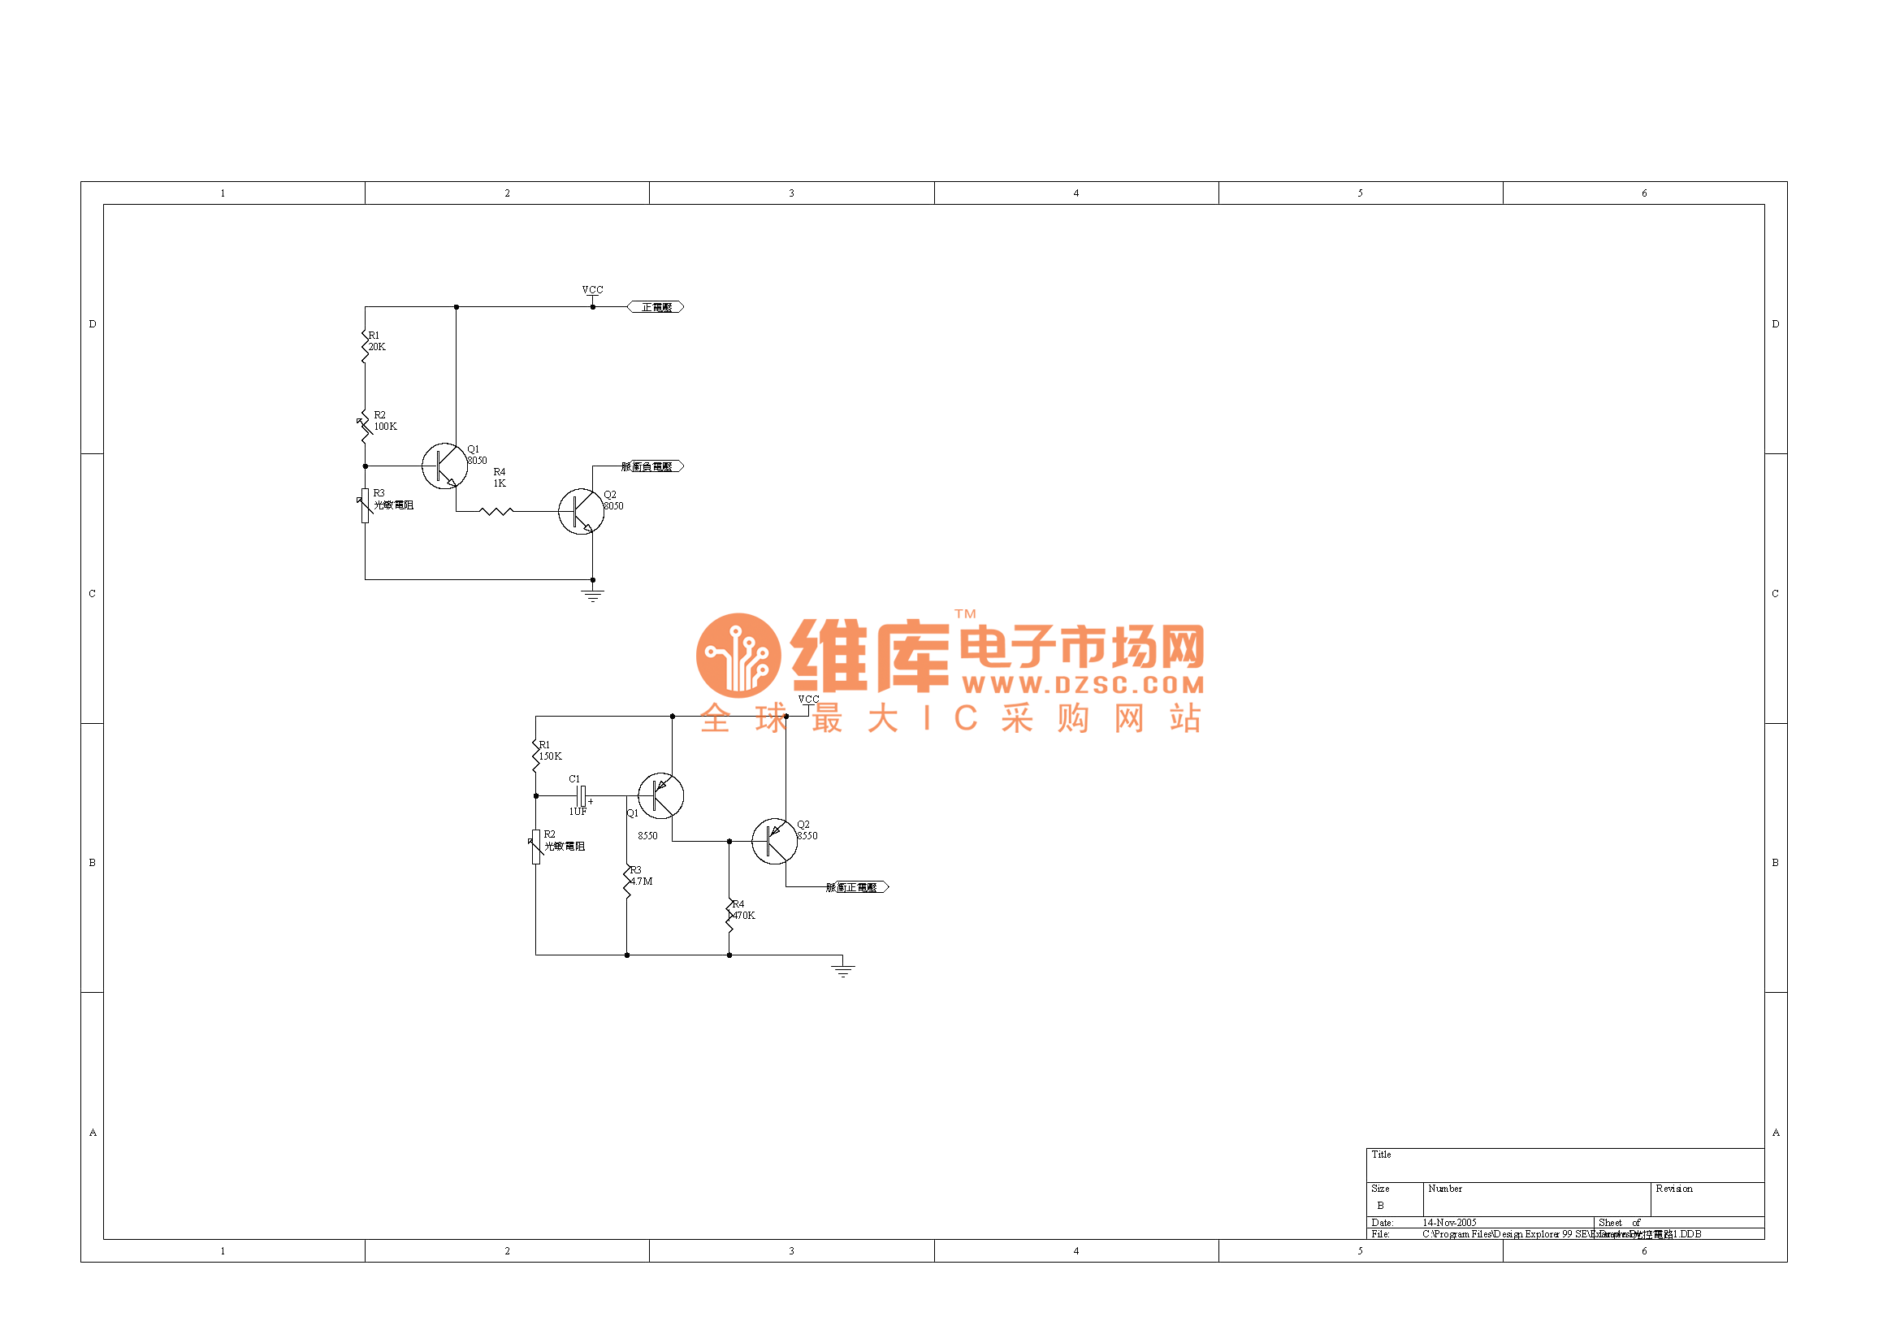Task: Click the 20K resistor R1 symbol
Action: (365, 346)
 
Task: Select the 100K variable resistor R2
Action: (365, 427)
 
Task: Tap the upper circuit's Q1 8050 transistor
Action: (444, 466)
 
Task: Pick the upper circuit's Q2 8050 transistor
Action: (581, 511)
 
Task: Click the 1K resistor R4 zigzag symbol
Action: (496, 511)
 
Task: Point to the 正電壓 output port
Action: (656, 307)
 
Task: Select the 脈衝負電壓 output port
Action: (652, 466)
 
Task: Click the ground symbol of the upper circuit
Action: (592, 595)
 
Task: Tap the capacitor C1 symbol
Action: (582, 796)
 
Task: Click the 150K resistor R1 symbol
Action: (536, 755)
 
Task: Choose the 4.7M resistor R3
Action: (627, 881)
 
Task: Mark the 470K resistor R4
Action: (730, 914)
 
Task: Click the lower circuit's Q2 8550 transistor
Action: (775, 842)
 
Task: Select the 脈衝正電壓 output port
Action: (857, 887)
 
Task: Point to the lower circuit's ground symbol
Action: (842, 970)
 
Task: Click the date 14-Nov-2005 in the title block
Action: (1450, 1222)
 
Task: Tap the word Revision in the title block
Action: (1674, 1189)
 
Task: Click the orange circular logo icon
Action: (738, 656)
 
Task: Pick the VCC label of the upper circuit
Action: (592, 289)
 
